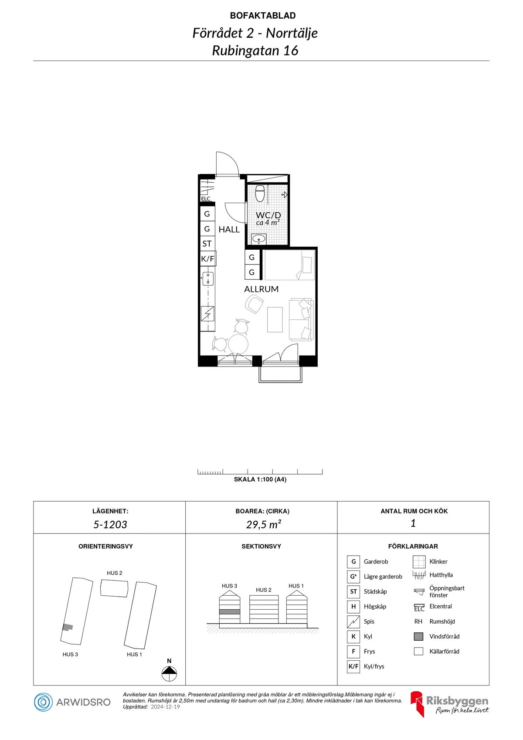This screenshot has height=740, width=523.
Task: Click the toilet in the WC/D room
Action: tap(260, 193)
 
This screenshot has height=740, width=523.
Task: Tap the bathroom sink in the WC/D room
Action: tap(258, 238)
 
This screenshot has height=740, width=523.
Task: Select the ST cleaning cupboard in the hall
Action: tap(207, 244)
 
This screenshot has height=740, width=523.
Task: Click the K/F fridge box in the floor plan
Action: tap(208, 259)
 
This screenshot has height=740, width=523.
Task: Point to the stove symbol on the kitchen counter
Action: tap(207, 313)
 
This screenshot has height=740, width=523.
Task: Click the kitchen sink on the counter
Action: tap(208, 278)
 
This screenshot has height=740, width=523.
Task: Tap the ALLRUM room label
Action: tap(261, 289)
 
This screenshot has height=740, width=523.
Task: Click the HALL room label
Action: tap(229, 229)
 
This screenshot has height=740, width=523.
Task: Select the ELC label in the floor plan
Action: tap(206, 199)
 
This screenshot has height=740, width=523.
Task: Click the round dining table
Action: tap(238, 344)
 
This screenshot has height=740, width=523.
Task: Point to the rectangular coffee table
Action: tap(275, 319)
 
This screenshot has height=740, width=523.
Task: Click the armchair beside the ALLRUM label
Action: tap(254, 304)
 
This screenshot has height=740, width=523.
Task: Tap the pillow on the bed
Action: tap(307, 265)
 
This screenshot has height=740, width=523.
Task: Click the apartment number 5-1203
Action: tap(110, 525)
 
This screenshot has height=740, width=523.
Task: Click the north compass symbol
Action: tap(169, 674)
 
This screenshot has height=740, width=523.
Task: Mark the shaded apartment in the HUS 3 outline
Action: tap(68, 627)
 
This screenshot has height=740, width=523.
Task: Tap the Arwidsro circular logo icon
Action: tap(43, 702)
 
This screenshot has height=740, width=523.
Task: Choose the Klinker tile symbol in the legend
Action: tap(419, 562)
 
